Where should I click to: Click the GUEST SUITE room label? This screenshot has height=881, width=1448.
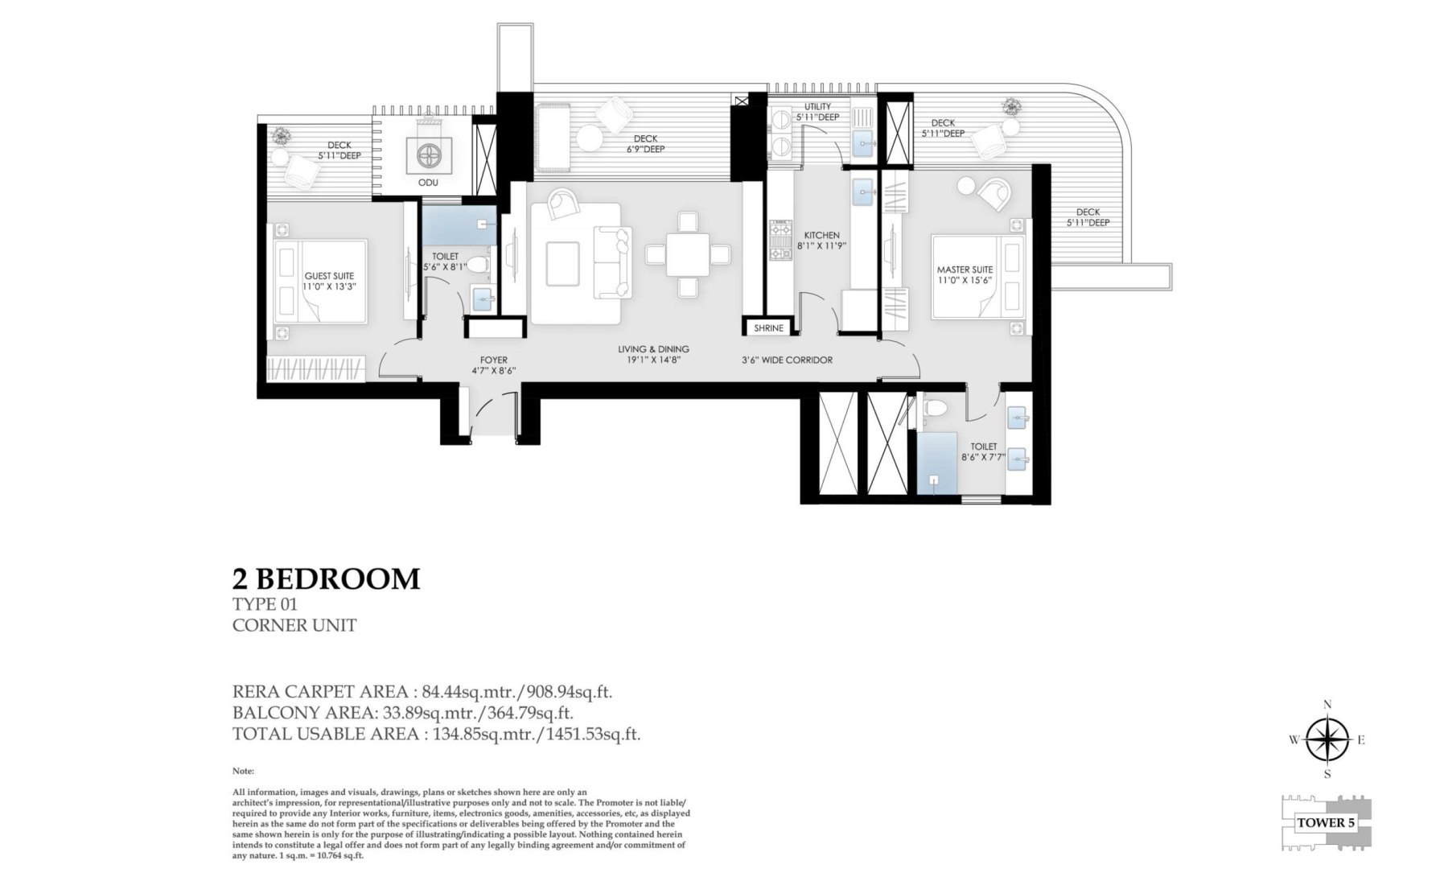pos(329,276)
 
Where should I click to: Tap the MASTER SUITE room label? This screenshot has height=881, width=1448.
pos(965,270)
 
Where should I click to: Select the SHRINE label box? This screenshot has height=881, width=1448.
pos(769,328)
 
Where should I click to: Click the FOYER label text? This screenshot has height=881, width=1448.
pos(493,360)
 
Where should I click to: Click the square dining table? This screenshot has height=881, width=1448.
pos(688,254)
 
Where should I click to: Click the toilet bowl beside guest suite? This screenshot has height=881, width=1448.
pos(477,263)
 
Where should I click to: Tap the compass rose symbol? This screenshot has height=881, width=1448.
pos(1327,741)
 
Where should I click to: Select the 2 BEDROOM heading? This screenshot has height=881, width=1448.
pos(326,578)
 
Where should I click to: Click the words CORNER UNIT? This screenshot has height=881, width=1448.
pos(294,625)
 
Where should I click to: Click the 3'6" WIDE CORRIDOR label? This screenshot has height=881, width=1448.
pos(787,360)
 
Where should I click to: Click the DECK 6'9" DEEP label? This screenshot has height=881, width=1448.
pos(646,143)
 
